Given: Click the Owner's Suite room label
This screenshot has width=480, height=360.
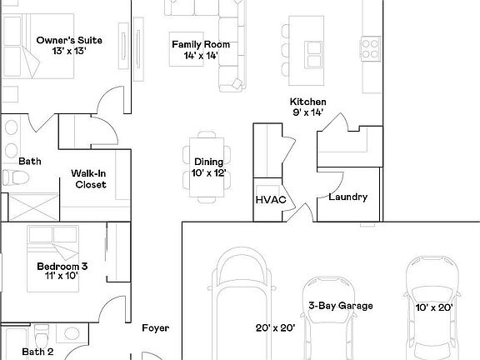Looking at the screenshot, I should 62,39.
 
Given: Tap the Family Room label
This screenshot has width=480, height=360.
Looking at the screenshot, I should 201,44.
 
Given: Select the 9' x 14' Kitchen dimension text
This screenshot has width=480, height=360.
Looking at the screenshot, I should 307,112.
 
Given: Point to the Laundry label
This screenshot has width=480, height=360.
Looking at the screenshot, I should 348,197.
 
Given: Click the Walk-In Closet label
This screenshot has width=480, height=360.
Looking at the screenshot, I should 88,178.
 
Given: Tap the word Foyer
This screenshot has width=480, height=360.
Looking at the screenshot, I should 156,328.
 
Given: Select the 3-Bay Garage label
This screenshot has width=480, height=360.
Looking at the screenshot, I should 340,306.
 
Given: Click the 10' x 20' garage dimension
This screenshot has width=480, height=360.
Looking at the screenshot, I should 433,307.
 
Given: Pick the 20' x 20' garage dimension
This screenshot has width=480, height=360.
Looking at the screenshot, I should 275,328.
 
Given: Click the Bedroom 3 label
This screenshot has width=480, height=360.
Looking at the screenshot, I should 62,267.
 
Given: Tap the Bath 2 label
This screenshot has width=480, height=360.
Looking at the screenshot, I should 37,352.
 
